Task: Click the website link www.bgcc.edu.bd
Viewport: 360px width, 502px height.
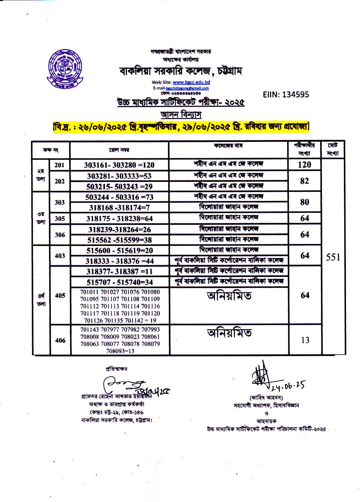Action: click(191, 82)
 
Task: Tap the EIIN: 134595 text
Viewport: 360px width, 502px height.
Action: click(286, 95)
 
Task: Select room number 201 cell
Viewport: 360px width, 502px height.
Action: click(60, 165)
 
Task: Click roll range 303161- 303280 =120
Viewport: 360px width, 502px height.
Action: click(119, 165)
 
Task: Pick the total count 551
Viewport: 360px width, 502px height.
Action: click(333, 257)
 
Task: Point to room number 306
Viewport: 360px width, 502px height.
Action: click(60, 235)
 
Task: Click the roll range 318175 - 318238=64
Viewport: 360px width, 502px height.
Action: click(120, 218)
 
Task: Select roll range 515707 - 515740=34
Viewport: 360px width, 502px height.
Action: click(120, 282)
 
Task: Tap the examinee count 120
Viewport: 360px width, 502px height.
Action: click(304, 164)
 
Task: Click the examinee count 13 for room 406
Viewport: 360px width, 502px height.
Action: click(305, 340)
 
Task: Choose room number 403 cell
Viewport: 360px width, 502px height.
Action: click(60, 256)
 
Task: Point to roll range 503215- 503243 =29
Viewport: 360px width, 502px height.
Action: click(120, 187)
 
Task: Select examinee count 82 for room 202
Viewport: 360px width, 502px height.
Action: click(304, 181)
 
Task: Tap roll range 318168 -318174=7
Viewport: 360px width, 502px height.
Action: click(120, 208)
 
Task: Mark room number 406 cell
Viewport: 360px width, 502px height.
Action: click(60, 340)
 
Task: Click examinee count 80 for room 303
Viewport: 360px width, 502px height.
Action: click(304, 202)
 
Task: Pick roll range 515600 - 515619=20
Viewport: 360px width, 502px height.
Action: click(120, 251)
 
